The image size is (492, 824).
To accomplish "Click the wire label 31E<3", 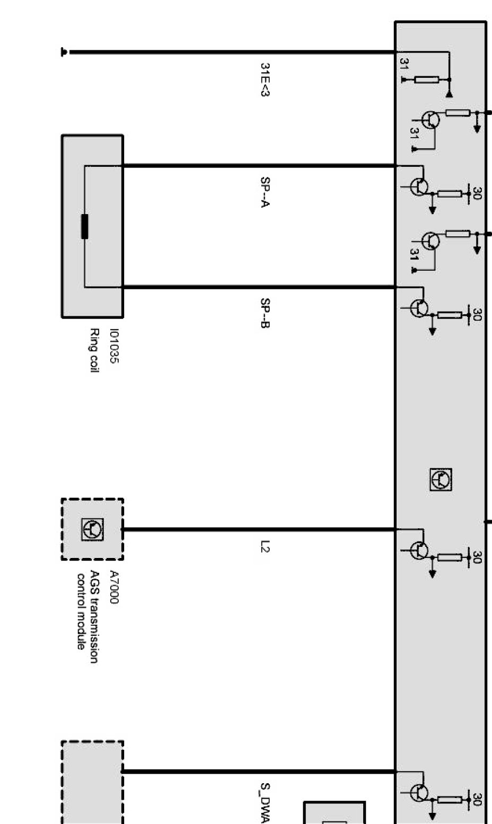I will (265, 80).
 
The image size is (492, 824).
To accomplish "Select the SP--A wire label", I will (265, 191).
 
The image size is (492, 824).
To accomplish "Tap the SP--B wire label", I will (265, 313).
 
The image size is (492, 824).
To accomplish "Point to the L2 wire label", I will (265, 546).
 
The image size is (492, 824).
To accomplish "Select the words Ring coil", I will (94, 350).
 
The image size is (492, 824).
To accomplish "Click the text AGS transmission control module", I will (87, 609).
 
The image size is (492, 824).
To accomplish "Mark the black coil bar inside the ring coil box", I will (84, 227).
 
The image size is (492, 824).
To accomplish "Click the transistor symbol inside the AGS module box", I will (93, 529).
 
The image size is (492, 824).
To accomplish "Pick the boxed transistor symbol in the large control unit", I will (441, 480).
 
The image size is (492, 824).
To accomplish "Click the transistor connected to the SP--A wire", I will (419, 186).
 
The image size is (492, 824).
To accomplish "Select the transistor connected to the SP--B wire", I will (419, 308).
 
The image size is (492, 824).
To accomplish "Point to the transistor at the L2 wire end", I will (419, 550).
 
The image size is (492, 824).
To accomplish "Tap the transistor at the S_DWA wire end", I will (419, 793).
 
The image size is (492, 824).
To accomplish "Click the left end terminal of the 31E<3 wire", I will (64, 52).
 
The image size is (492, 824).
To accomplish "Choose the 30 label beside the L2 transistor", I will (477, 557).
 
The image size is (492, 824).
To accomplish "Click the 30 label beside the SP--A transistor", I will (477, 193).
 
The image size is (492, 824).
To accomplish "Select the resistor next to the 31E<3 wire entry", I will (426, 80).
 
